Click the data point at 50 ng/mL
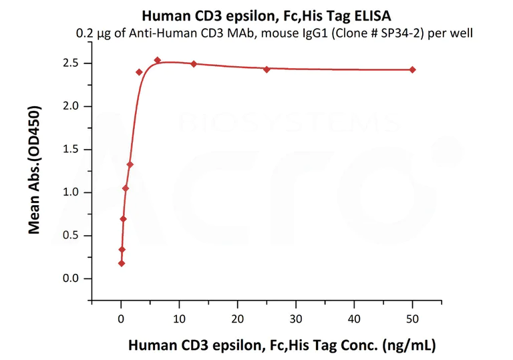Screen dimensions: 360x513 click(x=412, y=69)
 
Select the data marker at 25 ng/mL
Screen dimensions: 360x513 click(x=267, y=69)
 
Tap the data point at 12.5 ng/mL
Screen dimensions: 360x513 click(x=194, y=63)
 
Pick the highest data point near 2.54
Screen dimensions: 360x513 click(x=158, y=60)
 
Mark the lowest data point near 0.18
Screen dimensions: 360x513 click(x=121, y=263)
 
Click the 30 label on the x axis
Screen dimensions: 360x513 click(x=296, y=319)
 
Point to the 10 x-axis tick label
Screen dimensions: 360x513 click(x=179, y=319)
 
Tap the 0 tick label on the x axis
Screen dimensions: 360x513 click(x=121, y=319)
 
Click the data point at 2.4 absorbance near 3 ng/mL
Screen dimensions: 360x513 click(x=139, y=72)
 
